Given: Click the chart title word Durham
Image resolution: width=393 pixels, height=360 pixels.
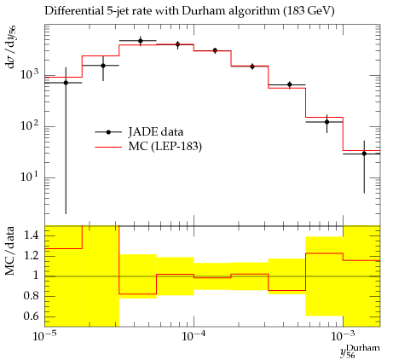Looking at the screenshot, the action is [x=205, y=11].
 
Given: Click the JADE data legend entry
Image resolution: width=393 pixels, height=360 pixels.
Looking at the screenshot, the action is [x=139, y=132].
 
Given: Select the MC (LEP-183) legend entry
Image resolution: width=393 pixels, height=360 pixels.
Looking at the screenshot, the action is [x=148, y=147].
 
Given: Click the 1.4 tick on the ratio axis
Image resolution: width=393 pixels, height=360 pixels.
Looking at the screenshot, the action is [x=32, y=235].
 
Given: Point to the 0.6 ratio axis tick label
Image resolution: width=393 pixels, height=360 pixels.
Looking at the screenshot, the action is [x=32, y=316].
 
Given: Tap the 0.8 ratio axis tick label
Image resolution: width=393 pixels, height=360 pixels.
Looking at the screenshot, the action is [x=32, y=296].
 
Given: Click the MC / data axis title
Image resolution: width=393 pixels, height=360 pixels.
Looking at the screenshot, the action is [x=10, y=251].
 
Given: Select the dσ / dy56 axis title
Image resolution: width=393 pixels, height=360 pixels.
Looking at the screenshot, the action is [x=10, y=47].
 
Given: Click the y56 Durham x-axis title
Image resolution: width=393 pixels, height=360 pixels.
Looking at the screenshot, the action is [x=360, y=351].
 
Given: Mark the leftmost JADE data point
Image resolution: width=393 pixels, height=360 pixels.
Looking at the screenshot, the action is [x=66, y=83].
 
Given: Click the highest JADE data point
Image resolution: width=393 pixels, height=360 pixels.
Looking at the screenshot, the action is [x=141, y=41].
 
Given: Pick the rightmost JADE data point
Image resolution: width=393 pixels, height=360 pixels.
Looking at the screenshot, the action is [x=364, y=154].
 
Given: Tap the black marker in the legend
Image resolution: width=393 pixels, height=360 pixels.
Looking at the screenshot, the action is [x=108, y=132].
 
